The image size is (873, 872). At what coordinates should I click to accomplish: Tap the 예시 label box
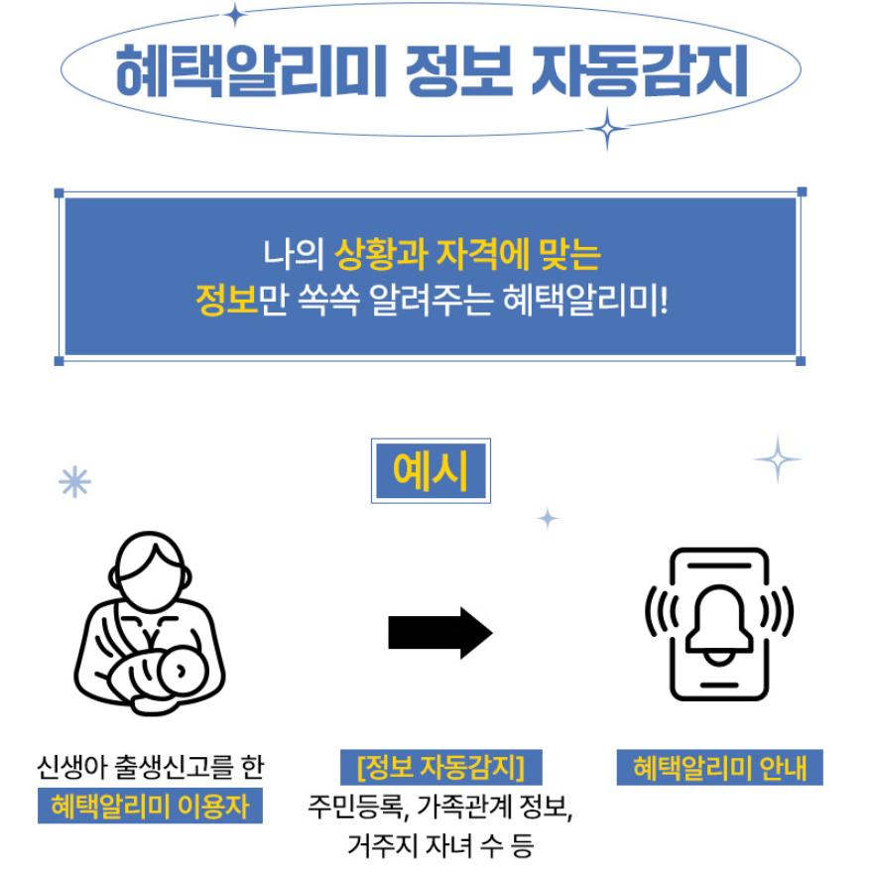click(x=431, y=469)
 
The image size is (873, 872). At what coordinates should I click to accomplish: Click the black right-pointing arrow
click(x=439, y=632)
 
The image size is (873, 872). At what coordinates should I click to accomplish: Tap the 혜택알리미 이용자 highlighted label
click(x=150, y=804)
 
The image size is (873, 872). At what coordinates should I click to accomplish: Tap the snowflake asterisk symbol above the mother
click(x=74, y=482)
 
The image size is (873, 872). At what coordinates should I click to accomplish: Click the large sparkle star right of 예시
click(x=777, y=459)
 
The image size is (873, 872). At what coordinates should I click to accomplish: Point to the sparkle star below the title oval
click(x=606, y=127)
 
